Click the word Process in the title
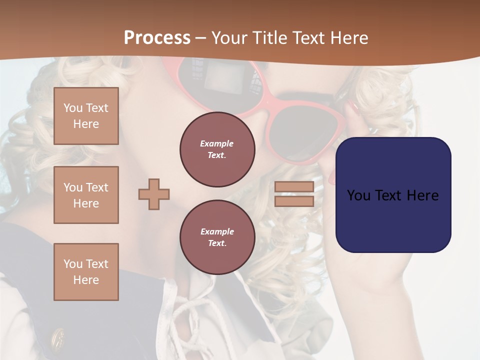[x=157, y=38]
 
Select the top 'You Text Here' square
[x=86, y=116]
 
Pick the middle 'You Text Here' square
[x=86, y=195]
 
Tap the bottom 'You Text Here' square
[x=86, y=272]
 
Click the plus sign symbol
[x=154, y=194]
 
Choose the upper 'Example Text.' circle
[x=217, y=149]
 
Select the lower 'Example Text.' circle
[x=217, y=237]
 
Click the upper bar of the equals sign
[x=294, y=187]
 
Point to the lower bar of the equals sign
[x=294, y=201]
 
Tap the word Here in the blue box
[x=422, y=195]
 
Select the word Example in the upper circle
[x=217, y=143]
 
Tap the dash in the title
[x=201, y=38]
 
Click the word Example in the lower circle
[x=217, y=231]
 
